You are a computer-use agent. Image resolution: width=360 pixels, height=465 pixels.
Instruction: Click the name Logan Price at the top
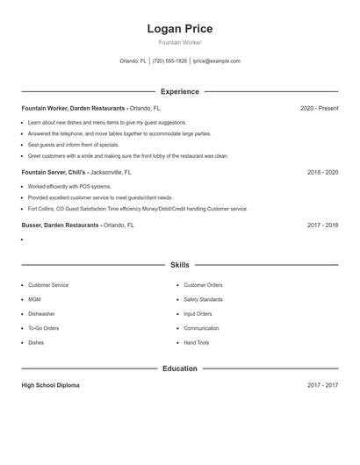click(179, 29)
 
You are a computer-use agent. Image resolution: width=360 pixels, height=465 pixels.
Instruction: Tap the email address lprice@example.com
click(216, 61)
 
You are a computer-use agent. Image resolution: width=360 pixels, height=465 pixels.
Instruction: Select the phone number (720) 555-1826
click(169, 61)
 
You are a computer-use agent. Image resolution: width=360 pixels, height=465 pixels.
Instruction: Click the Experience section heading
click(179, 91)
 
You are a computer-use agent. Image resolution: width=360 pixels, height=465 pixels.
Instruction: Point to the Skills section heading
click(179, 264)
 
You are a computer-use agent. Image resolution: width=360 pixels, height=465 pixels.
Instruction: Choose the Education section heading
click(179, 368)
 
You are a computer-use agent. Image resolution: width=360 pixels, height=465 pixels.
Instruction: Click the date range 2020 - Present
click(319, 109)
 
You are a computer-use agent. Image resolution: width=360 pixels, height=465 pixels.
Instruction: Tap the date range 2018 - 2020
click(322, 173)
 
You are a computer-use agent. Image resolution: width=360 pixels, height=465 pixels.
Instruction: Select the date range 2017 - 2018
click(322, 225)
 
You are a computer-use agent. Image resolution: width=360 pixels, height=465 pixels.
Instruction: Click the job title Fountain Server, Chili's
click(54, 173)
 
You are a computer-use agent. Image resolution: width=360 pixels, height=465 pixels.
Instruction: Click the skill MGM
click(35, 299)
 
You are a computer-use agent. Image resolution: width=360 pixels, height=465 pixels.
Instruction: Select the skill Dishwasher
click(41, 314)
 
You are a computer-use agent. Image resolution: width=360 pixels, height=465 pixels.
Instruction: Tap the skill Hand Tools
click(197, 343)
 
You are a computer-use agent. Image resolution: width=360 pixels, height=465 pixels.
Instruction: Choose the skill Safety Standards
click(204, 299)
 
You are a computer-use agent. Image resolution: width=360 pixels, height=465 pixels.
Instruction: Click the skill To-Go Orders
click(43, 328)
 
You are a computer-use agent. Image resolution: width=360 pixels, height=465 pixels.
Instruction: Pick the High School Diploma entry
click(52, 385)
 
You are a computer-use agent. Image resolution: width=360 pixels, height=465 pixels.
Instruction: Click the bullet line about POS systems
click(69, 187)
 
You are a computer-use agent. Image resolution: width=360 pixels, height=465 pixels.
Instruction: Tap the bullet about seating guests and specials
click(73, 145)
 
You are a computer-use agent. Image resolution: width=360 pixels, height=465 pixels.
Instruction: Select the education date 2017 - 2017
click(322, 385)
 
